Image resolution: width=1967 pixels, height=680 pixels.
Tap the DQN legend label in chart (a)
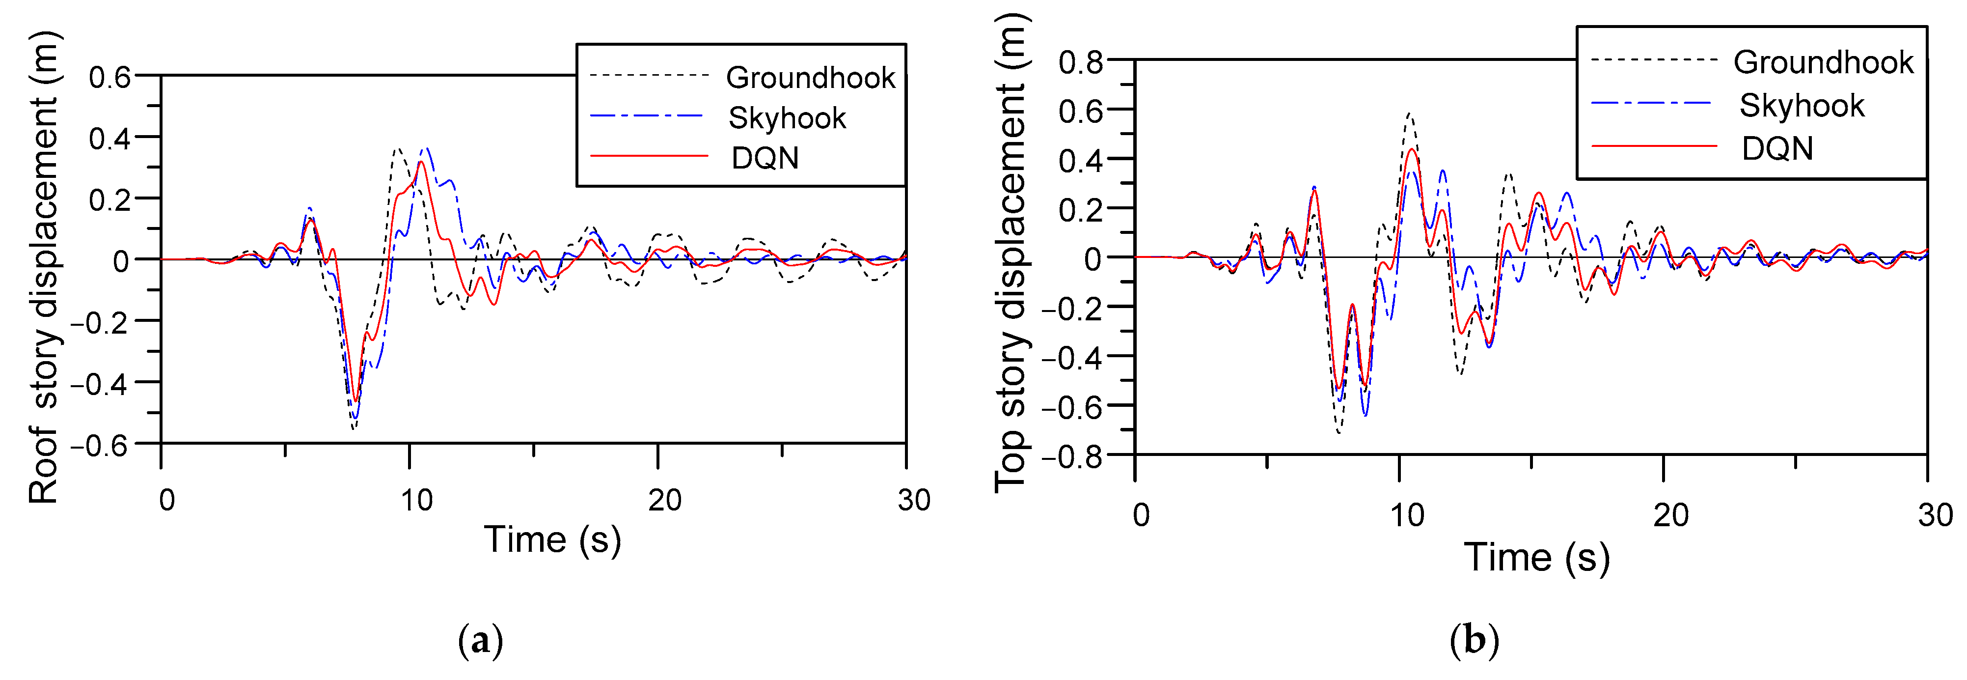(765, 158)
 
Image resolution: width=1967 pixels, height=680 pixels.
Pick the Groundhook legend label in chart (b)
(1824, 62)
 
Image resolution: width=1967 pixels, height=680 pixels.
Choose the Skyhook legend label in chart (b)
(1802, 106)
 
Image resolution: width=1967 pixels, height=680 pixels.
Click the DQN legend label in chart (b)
(1777, 148)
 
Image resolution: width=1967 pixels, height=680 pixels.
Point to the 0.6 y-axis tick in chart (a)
(110, 77)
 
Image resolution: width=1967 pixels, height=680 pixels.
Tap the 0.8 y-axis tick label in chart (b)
(1081, 61)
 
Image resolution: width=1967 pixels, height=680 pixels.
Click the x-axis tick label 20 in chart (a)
(664, 501)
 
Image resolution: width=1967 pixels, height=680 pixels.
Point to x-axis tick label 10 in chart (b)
(1407, 516)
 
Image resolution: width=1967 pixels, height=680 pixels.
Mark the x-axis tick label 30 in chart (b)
(1935, 516)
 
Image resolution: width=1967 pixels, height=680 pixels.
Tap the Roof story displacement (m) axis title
(44, 267)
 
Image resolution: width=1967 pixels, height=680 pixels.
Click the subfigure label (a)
(480, 640)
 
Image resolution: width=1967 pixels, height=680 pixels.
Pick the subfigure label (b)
(1474, 640)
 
